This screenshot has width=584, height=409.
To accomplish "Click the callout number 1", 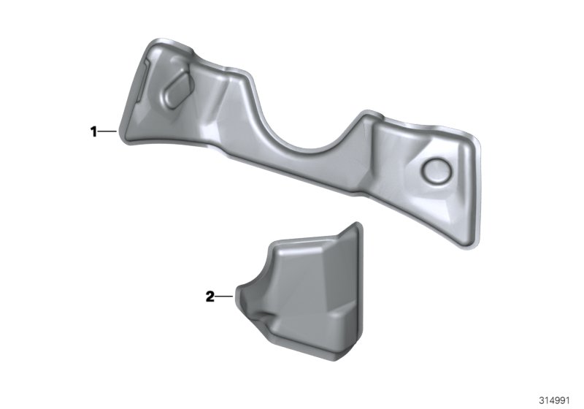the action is [x=93, y=131].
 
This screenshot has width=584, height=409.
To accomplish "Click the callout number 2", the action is [x=210, y=297].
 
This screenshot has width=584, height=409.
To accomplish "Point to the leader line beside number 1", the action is [x=107, y=131].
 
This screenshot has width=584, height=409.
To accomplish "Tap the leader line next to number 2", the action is [x=224, y=297].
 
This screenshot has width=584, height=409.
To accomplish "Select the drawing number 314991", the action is [x=555, y=400].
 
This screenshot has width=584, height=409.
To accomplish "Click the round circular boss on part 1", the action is [x=437, y=170].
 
